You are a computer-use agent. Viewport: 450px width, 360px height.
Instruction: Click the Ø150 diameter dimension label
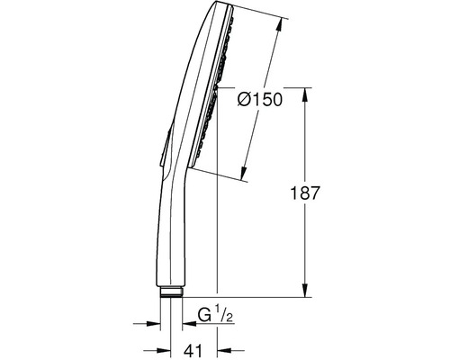click(260, 99)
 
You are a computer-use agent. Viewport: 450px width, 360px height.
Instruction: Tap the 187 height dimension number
click(305, 193)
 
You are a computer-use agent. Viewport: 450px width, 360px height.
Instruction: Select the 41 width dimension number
click(193, 350)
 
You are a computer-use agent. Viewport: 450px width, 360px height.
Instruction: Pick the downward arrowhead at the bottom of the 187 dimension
click(305, 290)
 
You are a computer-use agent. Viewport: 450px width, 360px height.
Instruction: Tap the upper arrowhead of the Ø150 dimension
click(280, 25)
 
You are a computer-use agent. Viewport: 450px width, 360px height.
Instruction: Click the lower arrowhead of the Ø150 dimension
click(244, 174)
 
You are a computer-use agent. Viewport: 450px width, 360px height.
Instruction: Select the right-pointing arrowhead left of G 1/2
click(153, 324)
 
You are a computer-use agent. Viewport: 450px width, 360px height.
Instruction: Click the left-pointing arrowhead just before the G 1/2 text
click(189, 324)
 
